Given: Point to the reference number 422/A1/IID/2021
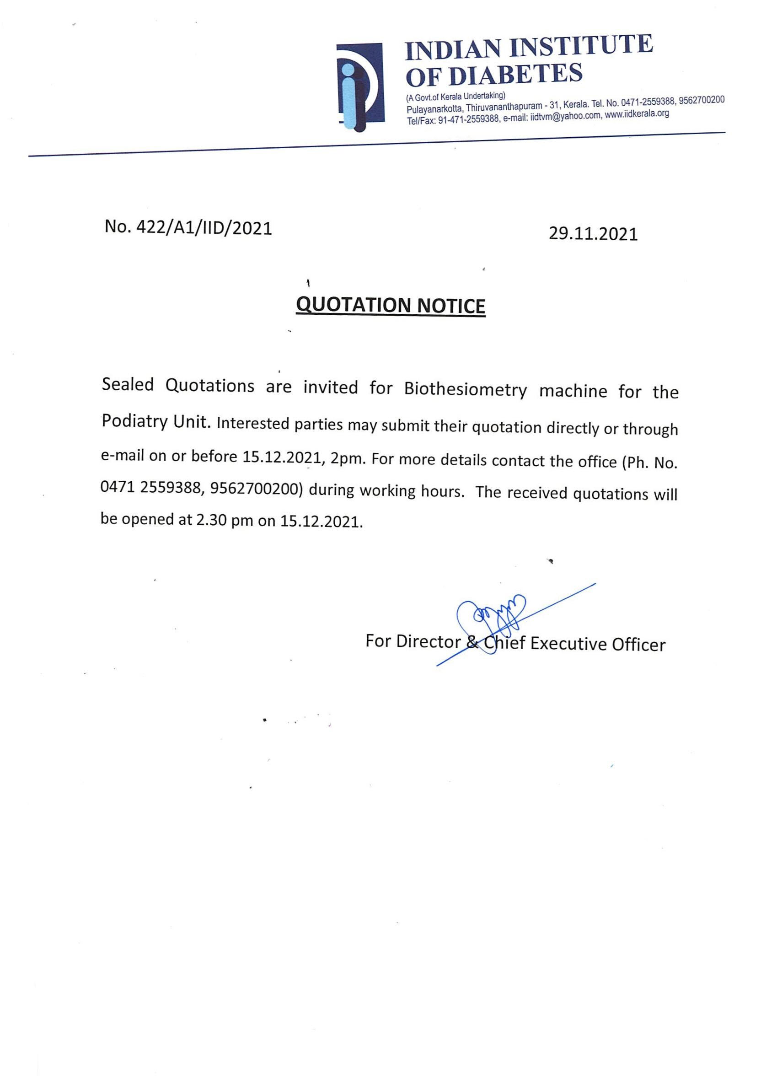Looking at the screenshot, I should pyautogui.click(x=204, y=228).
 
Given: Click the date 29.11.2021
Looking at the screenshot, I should pyautogui.click(x=593, y=234).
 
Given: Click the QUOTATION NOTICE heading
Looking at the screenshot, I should pyautogui.click(x=391, y=305).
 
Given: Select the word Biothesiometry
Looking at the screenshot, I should pyautogui.click(x=465, y=390).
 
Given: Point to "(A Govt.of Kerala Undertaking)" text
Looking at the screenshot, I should pyautogui.click(x=455, y=97).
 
